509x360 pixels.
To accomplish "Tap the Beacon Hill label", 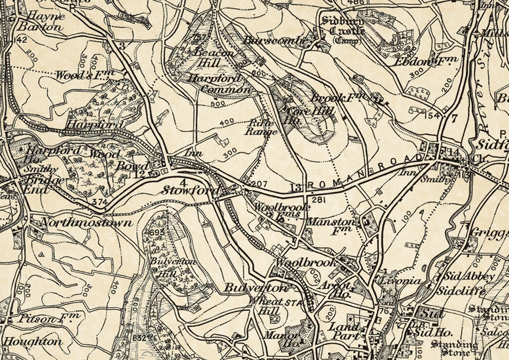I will (x=213, y=57).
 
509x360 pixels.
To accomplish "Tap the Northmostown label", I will (x=86, y=222).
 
